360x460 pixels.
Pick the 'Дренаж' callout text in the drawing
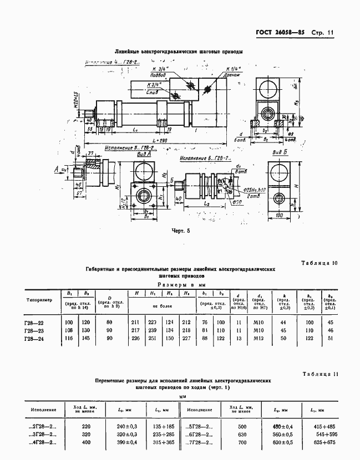tap(232, 74)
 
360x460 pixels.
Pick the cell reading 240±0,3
tap(127, 426)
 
